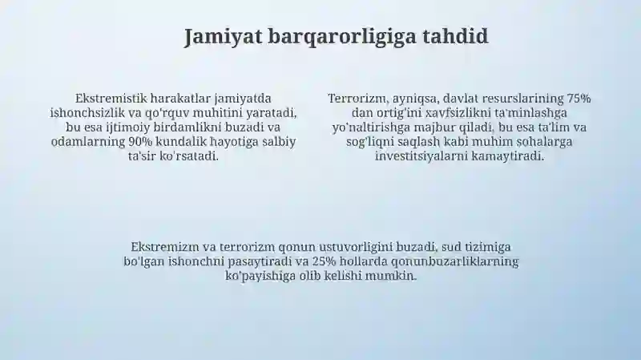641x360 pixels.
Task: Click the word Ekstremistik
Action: coord(111,98)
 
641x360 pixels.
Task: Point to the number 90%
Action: coord(140,142)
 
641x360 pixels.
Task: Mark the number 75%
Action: coord(579,98)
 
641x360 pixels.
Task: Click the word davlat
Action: coord(461,98)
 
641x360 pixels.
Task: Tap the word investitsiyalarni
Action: coord(421,156)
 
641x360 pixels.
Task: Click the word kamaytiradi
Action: coord(508,156)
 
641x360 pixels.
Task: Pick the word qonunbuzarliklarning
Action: coord(455,262)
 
